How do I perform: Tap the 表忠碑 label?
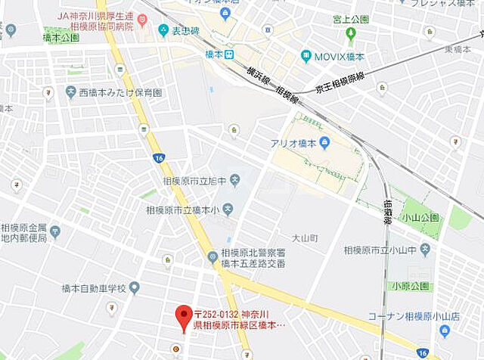tap(184, 30)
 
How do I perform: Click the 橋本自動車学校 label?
tap(94, 287)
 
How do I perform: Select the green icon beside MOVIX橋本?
tap(306, 56)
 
